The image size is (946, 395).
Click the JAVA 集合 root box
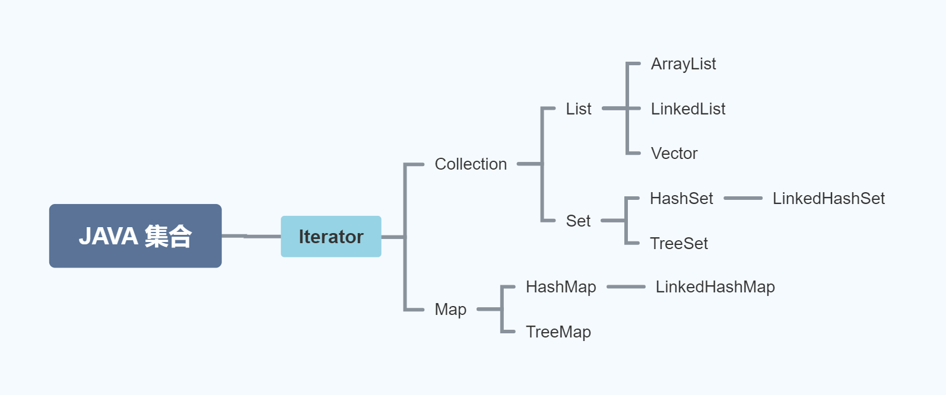click(x=135, y=236)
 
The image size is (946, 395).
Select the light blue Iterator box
click(x=331, y=237)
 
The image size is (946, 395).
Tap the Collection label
click(x=471, y=164)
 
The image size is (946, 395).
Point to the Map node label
click(x=450, y=309)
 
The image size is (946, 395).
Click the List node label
click(x=578, y=109)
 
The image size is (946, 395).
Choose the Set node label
click(x=578, y=221)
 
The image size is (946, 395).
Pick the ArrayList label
click(x=683, y=63)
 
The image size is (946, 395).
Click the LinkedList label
click(x=688, y=109)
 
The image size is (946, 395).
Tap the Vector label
click(x=674, y=153)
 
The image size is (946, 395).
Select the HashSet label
click(x=681, y=198)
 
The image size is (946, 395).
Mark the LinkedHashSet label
click(x=828, y=198)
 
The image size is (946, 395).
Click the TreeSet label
click(x=679, y=243)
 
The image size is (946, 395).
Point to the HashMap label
click(x=561, y=286)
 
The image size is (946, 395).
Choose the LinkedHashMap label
click(x=715, y=286)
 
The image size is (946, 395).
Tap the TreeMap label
click(x=558, y=332)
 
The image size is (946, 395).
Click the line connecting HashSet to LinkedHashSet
click(x=743, y=198)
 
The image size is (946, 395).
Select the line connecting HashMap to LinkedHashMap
click(x=626, y=286)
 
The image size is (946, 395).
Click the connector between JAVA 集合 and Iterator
click(x=251, y=236)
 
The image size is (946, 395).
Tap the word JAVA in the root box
click(x=109, y=236)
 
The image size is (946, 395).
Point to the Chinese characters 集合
click(x=169, y=236)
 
